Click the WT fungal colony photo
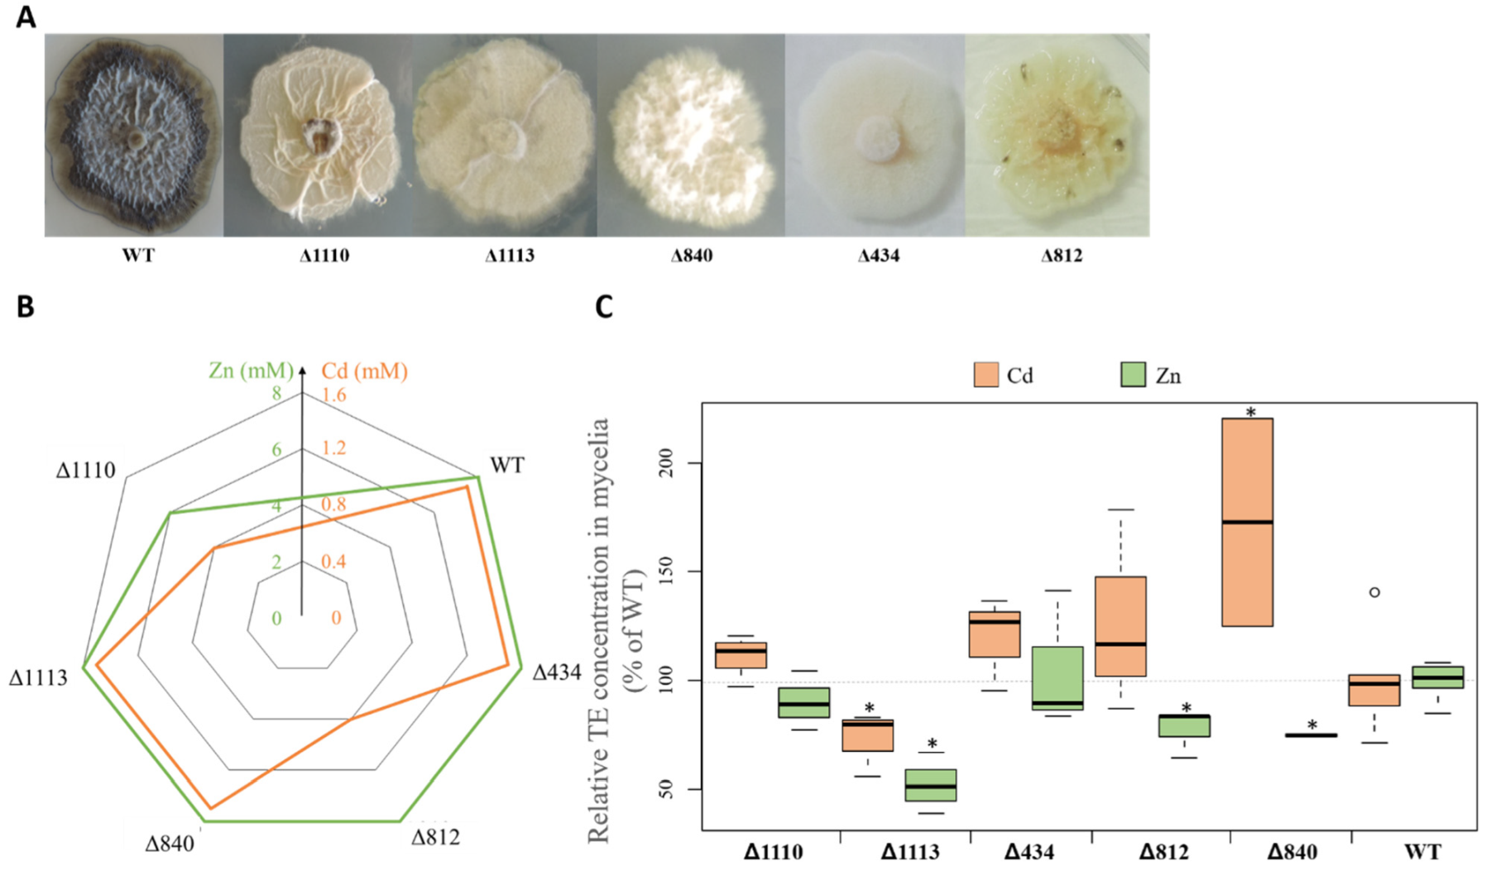coord(133,136)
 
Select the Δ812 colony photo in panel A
coord(1057,136)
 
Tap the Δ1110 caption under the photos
coord(324,256)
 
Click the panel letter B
coord(26,307)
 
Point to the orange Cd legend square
coord(985,375)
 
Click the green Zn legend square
coord(1132,375)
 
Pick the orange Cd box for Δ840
coord(1247,522)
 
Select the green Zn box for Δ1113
coord(930,785)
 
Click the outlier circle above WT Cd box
coord(1374,592)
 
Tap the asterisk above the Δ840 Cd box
coord(1250,412)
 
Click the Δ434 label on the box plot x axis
coord(1029,852)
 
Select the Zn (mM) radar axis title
coord(251,370)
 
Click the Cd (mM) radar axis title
coord(364,371)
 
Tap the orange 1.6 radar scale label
coord(333,395)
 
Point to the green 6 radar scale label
coord(276,450)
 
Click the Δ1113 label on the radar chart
coord(38,678)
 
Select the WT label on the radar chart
coord(506,465)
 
